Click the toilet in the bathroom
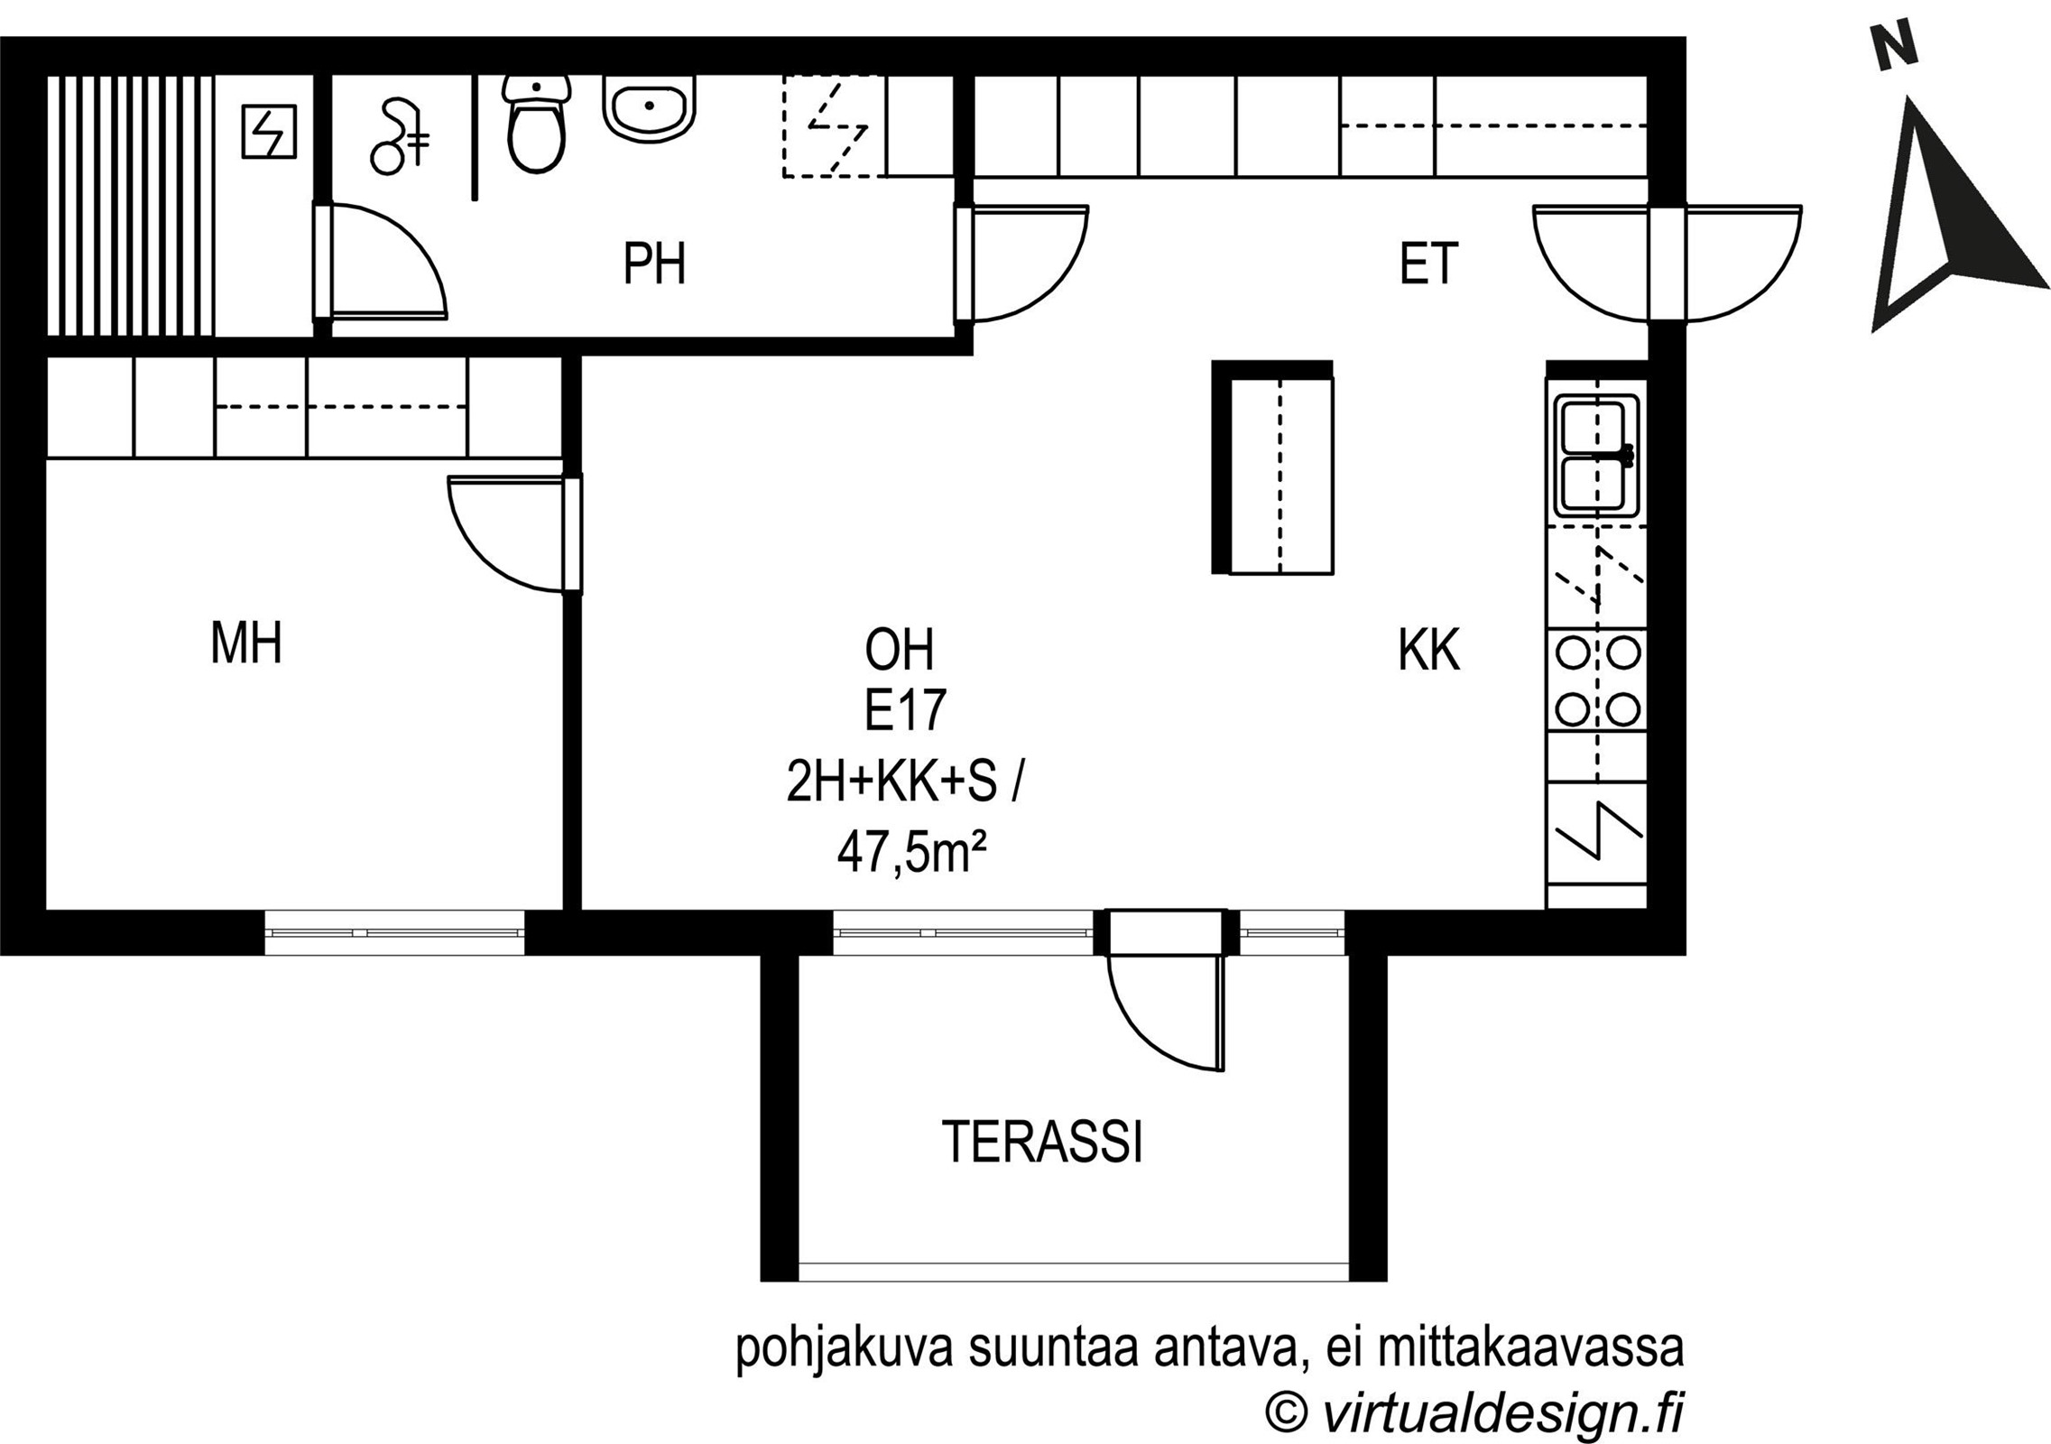click(x=537, y=124)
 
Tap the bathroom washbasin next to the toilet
click(x=650, y=107)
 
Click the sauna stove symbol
click(x=269, y=132)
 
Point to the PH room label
click(x=654, y=264)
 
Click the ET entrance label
click(x=1428, y=264)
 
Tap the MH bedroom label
click(x=246, y=643)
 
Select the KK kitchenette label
click(x=1428, y=650)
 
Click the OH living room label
click(x=899, y=650)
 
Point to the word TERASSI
click(x=1042, y=1142)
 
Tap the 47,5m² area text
click(x=910, y=852)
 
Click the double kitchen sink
click(x=1597, y=456)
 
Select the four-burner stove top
click(x=1597, y=680)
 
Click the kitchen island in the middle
click(x=1272, y=467)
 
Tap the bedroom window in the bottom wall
click(x=394, y=932)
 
